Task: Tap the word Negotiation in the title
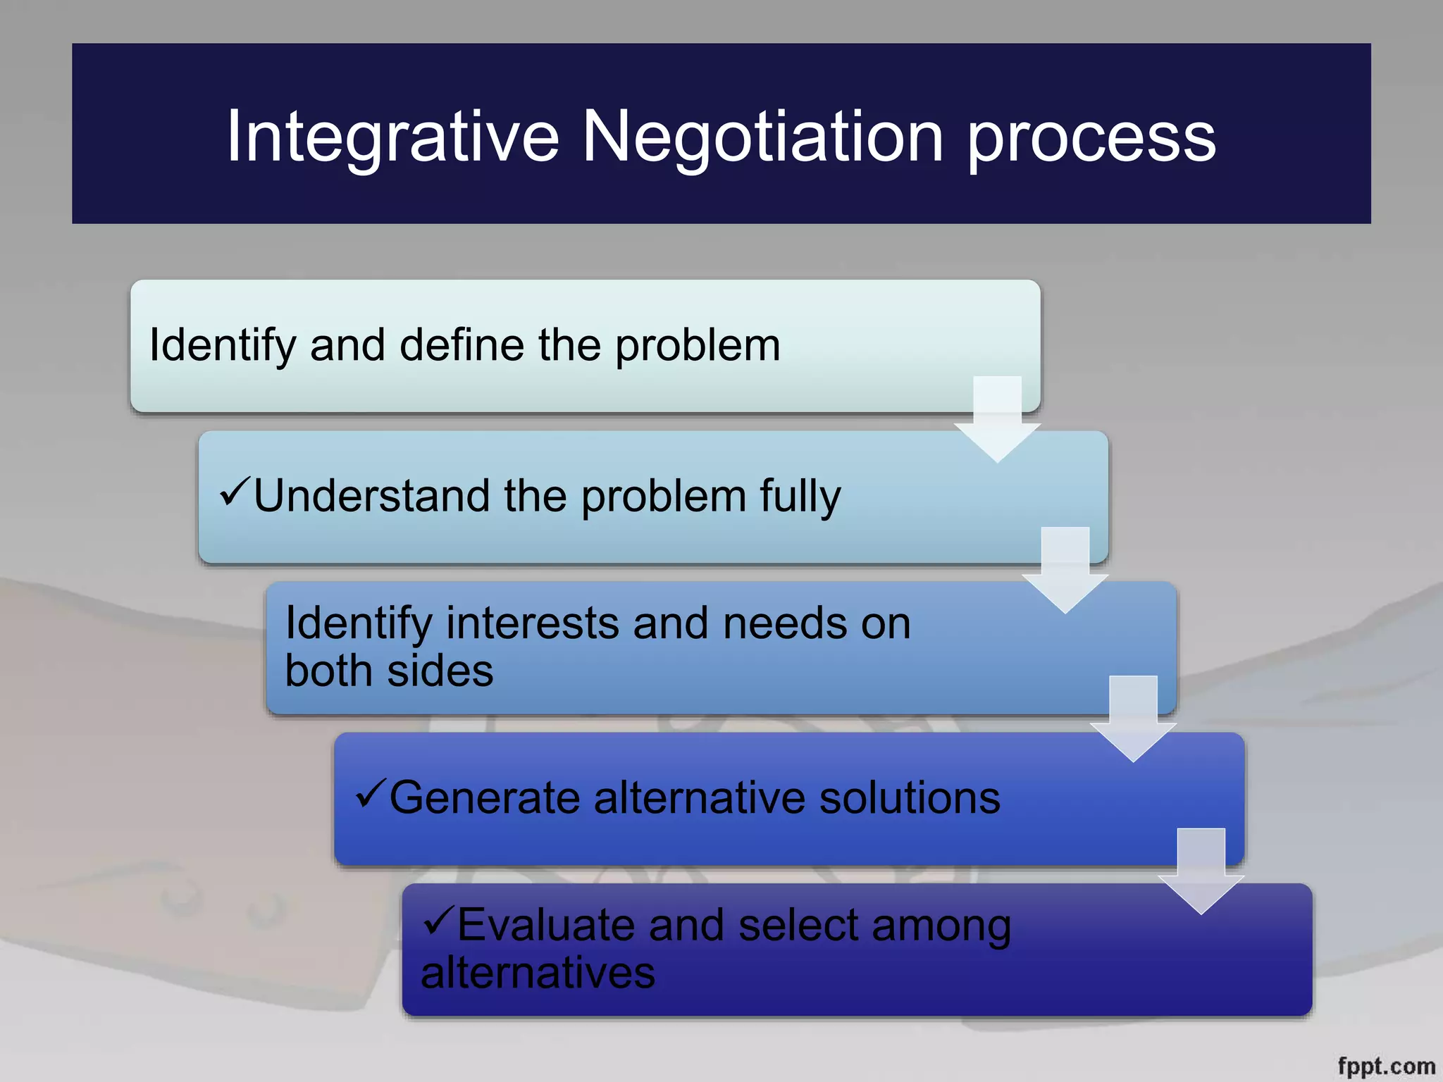(x=762, y=137)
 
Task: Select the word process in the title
(x=1091, y=137)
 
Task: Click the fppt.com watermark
(x=1386, y=1066)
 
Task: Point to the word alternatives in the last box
(x=538, y=974)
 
